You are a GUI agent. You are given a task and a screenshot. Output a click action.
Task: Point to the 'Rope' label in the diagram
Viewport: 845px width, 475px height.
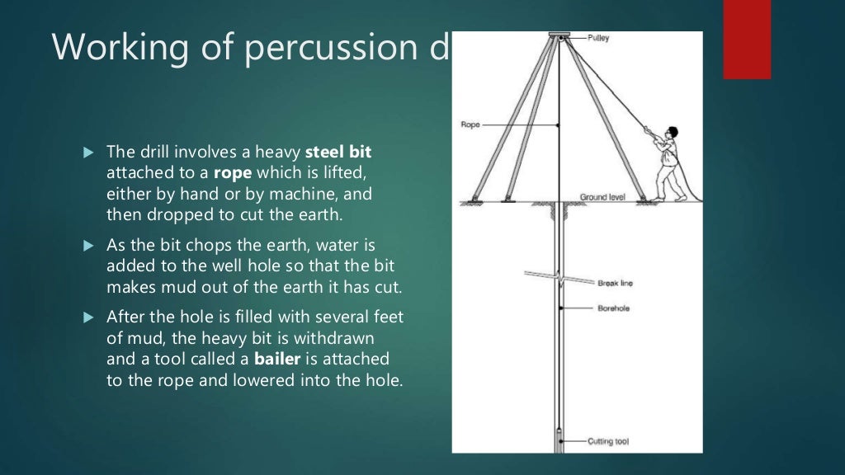469,125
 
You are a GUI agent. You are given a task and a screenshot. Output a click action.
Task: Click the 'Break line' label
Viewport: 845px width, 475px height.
614,283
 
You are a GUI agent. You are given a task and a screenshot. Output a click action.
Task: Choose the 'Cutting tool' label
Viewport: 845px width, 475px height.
607,442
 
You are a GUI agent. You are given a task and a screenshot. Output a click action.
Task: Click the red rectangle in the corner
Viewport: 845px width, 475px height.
747,39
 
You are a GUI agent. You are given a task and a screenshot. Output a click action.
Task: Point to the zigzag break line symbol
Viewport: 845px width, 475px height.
560,280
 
